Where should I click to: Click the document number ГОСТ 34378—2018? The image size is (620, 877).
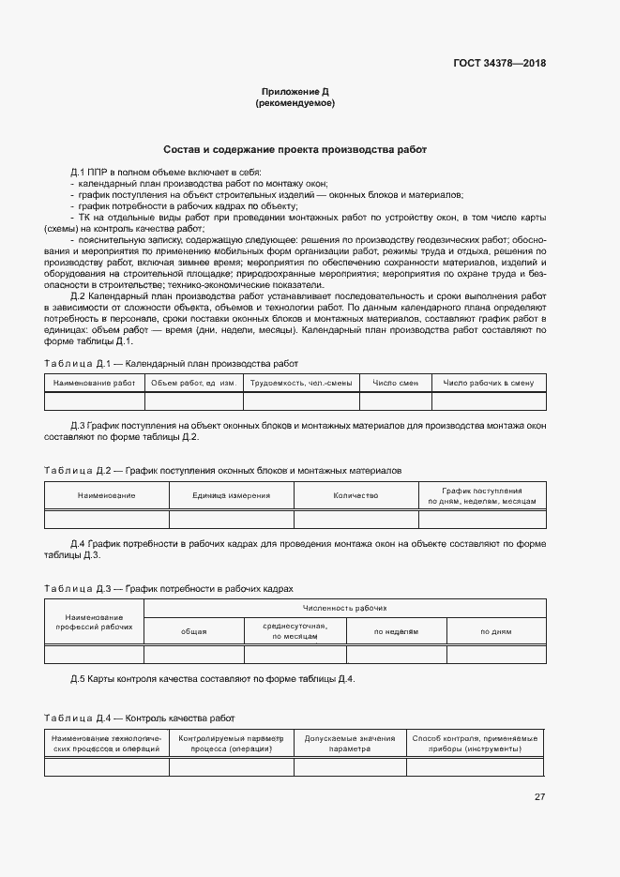click(x=498, y=64)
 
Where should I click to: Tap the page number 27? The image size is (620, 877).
click(x=539, y=796)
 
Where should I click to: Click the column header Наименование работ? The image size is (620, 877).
click(x=94, y=383)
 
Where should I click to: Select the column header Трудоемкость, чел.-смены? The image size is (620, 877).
click(x=295, y=383)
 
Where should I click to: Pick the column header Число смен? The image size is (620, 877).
click(x=395, y=383)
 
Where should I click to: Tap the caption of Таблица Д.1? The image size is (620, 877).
click(x=172, y=363)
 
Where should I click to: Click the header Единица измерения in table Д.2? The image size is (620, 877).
click(x=231, y=495)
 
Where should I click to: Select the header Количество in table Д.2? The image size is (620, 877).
click(x=355, y=495)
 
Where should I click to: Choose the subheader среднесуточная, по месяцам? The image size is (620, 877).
click(x=295, y=631)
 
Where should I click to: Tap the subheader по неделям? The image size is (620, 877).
click(x=396, y=631)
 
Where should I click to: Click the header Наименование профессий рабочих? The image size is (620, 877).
click(x=94, y=621)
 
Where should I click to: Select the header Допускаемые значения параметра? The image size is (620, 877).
click(x=350, y=744)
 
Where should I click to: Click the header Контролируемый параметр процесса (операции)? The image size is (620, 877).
click(x=231, y=744)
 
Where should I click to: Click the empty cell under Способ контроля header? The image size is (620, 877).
click(x=475, y=767)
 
